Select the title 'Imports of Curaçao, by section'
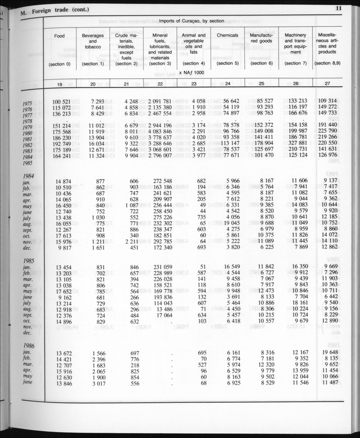[191, 21]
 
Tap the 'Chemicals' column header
[227, 36]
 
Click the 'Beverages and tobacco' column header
[93, 41]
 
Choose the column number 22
[160, 84]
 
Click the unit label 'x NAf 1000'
[191, 73]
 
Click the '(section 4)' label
[193, 64]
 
